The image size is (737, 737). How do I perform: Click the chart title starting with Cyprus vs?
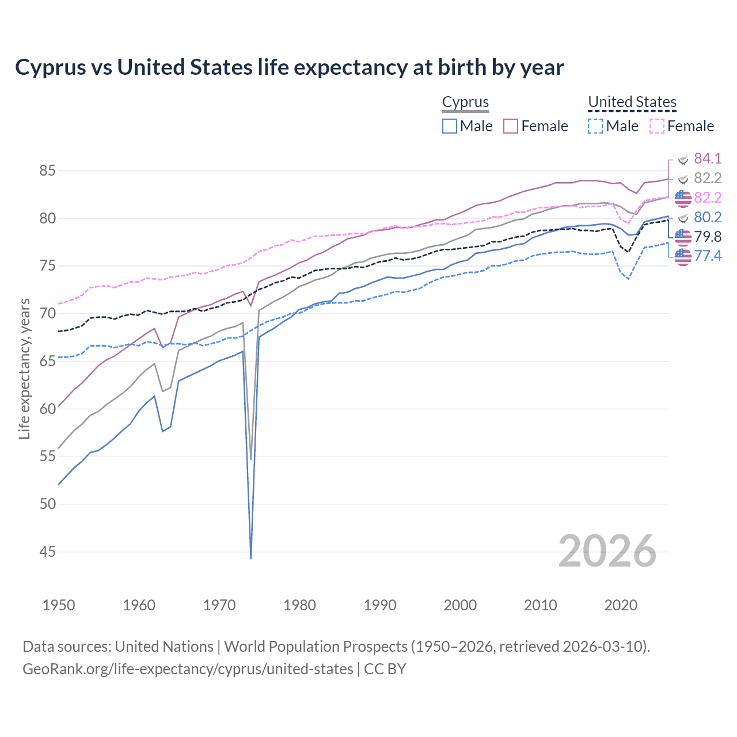[289, 67]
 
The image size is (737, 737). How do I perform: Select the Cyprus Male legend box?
[450, 126]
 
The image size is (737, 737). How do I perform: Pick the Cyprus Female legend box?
[511, 126]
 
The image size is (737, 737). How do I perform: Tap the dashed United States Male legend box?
[595, 126]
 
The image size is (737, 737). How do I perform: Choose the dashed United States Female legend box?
[656, 126]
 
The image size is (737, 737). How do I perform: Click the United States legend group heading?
[632, 102]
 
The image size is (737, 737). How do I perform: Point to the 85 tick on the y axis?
[48, 171]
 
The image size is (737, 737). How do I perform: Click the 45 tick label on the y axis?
[48, 552]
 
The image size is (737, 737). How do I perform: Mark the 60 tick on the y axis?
[48, 409]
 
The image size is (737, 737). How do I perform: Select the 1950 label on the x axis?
[59, 605]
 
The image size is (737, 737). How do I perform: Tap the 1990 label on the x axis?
[380, 605]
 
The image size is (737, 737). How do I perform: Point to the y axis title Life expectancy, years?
[24, 368]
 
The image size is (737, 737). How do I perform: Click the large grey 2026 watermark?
[607, 552]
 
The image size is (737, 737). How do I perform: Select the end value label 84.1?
[708, 158]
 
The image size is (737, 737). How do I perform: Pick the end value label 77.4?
[708, 256]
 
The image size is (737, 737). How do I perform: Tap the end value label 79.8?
[708, 237]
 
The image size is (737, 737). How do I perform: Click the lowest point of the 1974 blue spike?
[251, 558]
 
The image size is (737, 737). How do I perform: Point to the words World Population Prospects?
[316, 647]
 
